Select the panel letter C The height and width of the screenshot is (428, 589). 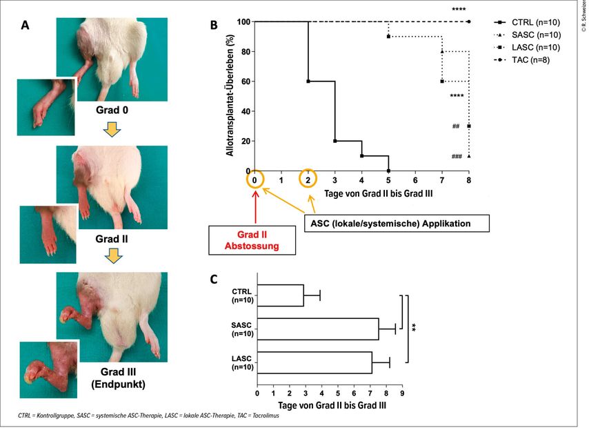tap(214, 280)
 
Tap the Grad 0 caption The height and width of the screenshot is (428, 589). tap(112, 109)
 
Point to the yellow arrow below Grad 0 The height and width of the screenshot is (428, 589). tap(111, 128)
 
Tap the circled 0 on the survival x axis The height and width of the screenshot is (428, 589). tap(255, 179)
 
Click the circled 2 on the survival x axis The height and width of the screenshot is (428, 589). tap(308, 179)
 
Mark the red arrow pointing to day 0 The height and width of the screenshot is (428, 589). tap(255, 208)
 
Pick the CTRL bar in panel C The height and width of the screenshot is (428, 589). tap(280, 295)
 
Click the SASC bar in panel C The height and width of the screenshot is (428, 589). tap(317, 329)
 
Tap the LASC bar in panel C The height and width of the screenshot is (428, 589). tap(314, 362)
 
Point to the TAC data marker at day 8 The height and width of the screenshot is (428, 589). tap(469, 21)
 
